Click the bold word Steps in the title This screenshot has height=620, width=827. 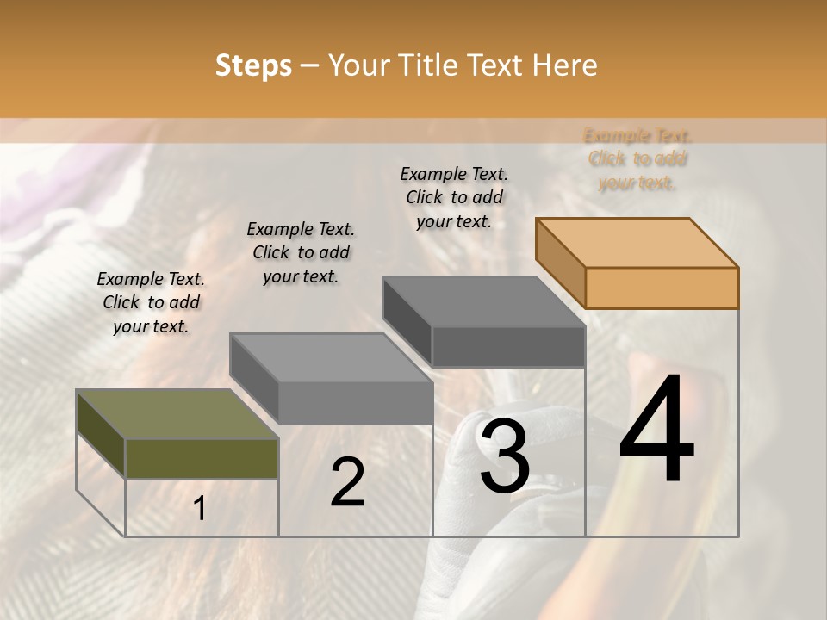coord(253,65)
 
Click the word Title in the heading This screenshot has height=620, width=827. coord(429,65)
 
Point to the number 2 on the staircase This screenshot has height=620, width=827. coord(347,482)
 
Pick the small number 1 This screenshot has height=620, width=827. coord(200,508)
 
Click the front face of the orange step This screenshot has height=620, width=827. coord(662,288)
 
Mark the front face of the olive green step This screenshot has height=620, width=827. coord(202,458)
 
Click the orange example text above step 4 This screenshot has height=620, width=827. coord(637,159)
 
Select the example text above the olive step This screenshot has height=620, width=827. coord(151,302)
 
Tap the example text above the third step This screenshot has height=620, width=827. coord(454,197)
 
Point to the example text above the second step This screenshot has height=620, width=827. coord(301,252)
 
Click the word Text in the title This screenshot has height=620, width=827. coord(494,65)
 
